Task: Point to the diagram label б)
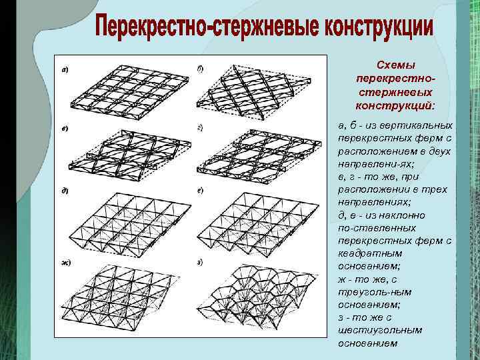click(x=200, y=68)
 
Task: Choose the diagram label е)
click(x=200, y=191)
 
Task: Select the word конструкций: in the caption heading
click(x=395, y=106)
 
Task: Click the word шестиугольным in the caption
click(x=373, y=331)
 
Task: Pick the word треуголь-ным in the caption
click(x=374, y=292)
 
